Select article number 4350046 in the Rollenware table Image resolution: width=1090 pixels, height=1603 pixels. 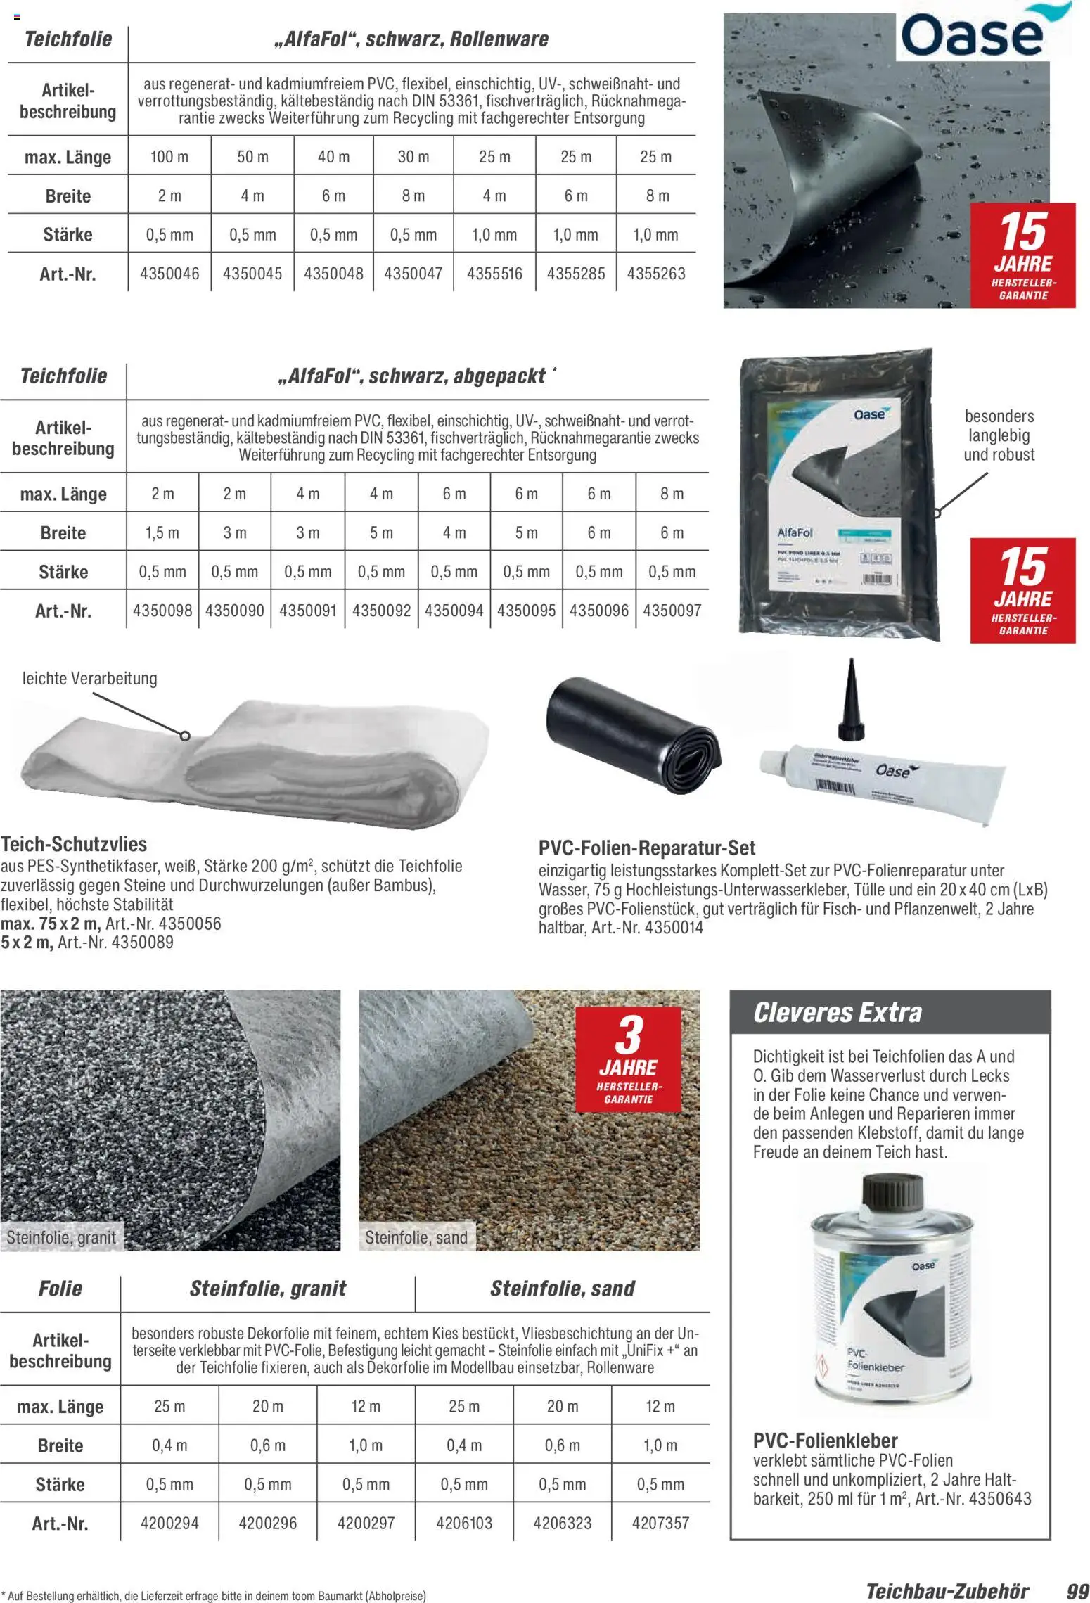coord(169,273)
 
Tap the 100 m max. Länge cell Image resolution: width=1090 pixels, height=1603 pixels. coord(169,157)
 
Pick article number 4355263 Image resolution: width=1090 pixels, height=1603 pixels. coord(656,273)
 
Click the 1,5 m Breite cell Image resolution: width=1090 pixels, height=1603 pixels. coord(162,533)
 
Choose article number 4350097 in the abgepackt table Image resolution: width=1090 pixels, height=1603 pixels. coord(672,611)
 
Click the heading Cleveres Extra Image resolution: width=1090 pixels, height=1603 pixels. coord(837,1013)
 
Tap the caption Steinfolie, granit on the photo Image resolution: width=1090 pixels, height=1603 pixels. coord(61,1237)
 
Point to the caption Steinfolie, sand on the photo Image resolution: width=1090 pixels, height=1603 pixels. coord(416,1237)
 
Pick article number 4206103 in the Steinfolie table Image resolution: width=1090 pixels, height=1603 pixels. coord(464,1523)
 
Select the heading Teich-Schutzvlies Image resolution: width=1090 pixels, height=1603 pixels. coord(74,844)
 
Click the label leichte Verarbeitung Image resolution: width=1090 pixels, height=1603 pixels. coord(90,679)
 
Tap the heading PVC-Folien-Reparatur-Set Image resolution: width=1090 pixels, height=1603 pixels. coord(647,848)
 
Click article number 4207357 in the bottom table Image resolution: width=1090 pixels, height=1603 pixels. coord(660,1523)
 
